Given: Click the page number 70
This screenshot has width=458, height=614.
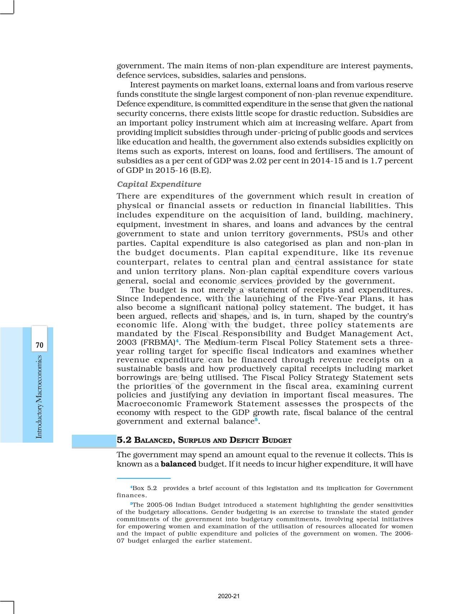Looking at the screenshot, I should pos(40,345).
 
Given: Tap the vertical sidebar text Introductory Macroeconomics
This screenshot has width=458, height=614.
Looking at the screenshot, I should pos(39,397).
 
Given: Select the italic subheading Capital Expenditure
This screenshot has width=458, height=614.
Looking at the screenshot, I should pos(159,184).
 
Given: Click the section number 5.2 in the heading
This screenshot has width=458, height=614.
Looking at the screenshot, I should pos(124,440).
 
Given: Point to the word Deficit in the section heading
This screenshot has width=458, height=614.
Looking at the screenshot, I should pos(245,440).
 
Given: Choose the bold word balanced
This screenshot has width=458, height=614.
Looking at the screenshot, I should pos(178,464).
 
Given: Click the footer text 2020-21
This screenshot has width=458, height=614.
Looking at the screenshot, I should pos(228,596).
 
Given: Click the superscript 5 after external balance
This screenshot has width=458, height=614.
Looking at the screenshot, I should pos(256,419).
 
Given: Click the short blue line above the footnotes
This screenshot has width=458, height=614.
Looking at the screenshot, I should pos(143,479).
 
